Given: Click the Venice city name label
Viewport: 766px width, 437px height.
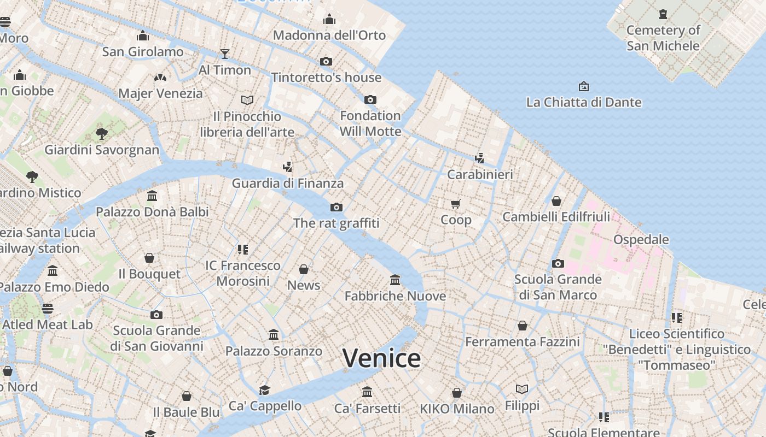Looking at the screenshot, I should (x=381, y=358).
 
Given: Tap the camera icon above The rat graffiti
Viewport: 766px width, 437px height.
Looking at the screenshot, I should (x=336, y=207).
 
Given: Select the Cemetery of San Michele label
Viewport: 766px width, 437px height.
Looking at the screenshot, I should (x=663, y=38).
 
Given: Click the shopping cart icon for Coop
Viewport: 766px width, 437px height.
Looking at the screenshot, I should (x=456, y=204).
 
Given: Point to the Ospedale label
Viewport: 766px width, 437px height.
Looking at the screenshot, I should (x=641, y=239).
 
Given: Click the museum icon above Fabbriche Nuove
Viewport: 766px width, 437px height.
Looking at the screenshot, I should (x=395, y=280).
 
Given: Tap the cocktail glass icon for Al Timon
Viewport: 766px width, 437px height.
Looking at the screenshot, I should (x=225, y=54).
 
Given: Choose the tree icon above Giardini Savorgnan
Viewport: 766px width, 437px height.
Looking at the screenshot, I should (x=101, y=133).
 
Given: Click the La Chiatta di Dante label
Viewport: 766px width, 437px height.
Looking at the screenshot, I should (x=584, y=102).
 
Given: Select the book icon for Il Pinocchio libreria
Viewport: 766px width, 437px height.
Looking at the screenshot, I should (x=247, y=100).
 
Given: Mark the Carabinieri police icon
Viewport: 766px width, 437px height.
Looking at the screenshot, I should (x=480, y=158).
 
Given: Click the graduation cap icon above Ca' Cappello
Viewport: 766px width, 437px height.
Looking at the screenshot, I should (x=265, y=390).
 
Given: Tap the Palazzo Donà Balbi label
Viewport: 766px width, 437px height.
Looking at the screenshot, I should (x=152, y=211).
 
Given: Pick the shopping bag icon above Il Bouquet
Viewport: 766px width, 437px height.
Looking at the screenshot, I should (x=149, y=258).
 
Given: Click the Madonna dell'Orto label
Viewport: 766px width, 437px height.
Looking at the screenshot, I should (x=329, y=35).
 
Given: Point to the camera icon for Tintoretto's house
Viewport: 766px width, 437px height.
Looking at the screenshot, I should (x=326, y=61).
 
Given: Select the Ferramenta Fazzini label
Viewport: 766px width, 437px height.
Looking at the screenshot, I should (x=522, y=342).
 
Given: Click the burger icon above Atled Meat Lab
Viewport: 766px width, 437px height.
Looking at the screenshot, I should (x=48, y=309).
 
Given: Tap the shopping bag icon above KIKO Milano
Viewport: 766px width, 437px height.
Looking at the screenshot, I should (x=457, y=393).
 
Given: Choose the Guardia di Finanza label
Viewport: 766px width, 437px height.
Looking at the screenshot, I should (x=287, y=183).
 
